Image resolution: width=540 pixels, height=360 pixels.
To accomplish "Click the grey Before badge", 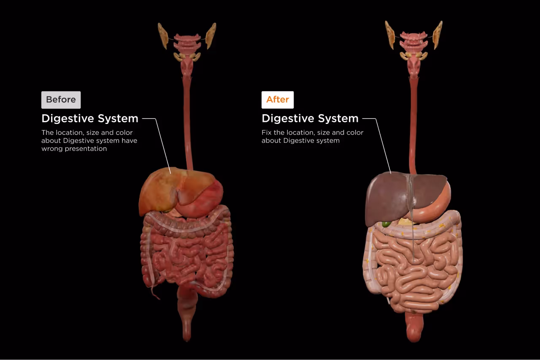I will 61,100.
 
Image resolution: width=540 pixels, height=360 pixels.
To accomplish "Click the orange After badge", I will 277,100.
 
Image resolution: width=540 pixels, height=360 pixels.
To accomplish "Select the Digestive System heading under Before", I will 90,118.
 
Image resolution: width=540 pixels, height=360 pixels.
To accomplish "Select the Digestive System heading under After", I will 310,118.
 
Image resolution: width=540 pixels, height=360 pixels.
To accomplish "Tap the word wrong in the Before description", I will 51,149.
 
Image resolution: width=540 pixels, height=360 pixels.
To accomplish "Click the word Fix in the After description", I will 267,132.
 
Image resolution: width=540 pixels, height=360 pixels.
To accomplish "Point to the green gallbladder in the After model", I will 386,224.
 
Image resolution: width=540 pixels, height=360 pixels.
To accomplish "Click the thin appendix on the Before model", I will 155,292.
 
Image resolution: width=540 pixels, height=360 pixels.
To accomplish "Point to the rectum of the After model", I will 414,327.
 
